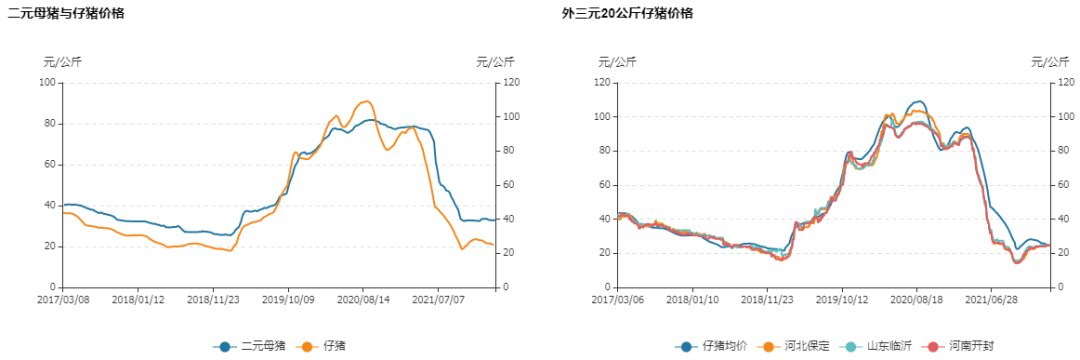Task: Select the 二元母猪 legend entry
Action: tap(249, 346)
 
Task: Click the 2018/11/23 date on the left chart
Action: tap(212, 299)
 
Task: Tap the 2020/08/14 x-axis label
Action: tap(363, 299)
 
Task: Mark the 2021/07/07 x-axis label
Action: tap(438, 299)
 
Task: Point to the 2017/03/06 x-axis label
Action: tap(618, 299)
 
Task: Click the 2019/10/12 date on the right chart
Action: tap(841, 299)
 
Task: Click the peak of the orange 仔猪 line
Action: tap(366, 101)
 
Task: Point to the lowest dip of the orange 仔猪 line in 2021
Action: tap(462, 248)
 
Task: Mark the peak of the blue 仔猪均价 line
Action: tap(918, 101)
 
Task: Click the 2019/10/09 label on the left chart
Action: tap(288, 299)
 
